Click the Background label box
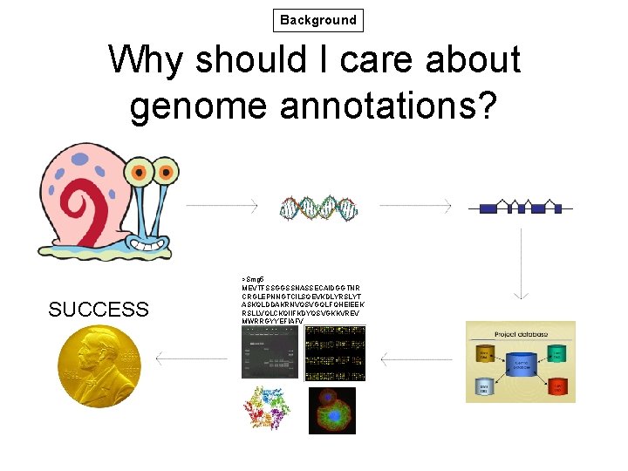(x=317, y=20)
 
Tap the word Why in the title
(x=147, y=60)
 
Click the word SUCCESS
(x=99, y=310)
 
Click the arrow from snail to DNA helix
(x=222, y=206)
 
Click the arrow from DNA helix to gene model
(x=413, y=206)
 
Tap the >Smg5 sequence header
(x=254, y=276)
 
